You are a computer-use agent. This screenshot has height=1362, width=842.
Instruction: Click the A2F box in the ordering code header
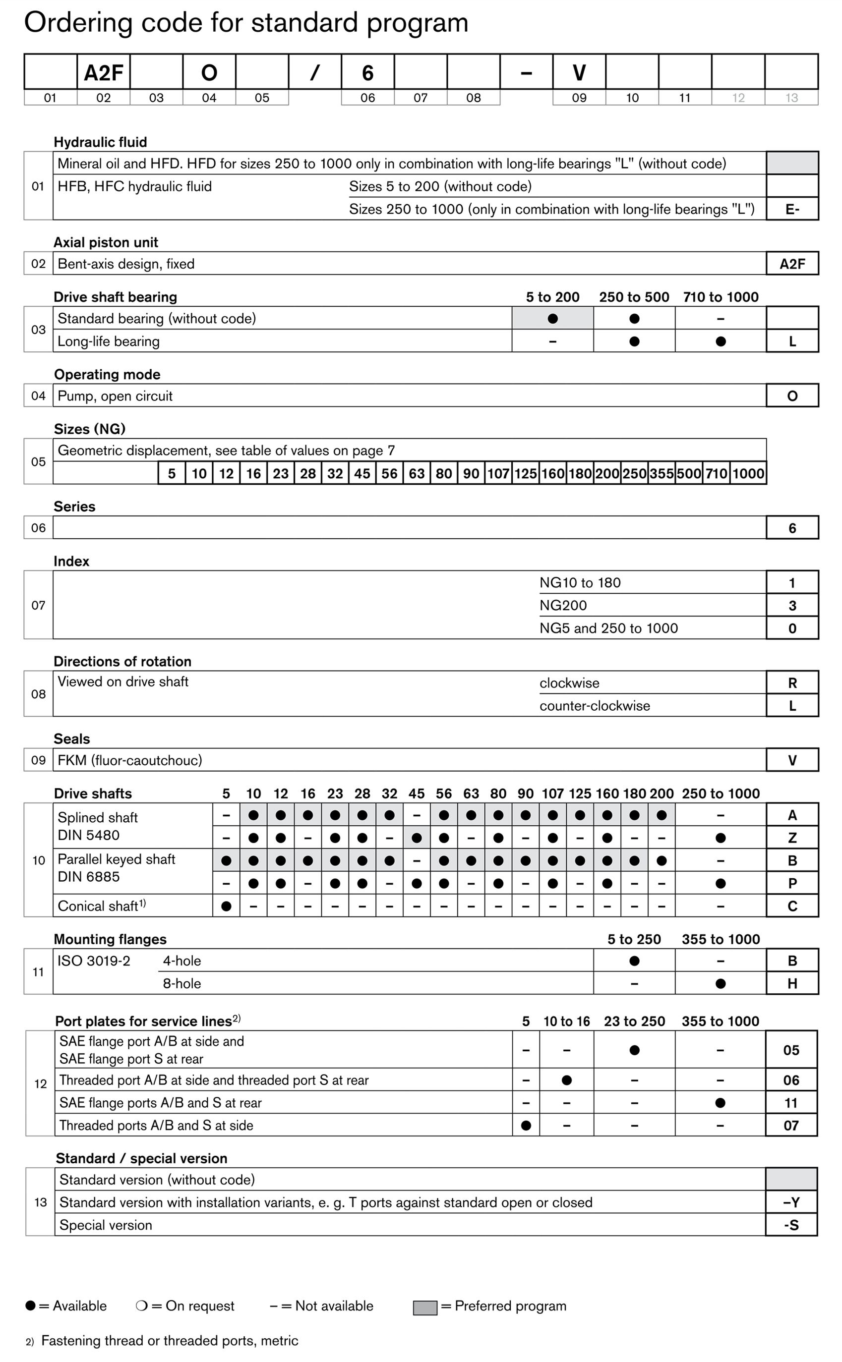click(104, 72)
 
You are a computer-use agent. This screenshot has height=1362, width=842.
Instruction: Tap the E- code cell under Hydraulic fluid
click(792, 209)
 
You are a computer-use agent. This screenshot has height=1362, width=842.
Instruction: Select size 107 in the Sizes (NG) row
click(498, 474)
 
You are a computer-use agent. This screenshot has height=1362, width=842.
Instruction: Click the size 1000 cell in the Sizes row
click(748, 474)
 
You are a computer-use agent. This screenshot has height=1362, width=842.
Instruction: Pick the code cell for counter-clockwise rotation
click(792, 706)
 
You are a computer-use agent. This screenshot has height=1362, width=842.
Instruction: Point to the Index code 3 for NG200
click(792, 606)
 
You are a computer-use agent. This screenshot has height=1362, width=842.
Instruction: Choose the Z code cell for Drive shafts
click(792, 838)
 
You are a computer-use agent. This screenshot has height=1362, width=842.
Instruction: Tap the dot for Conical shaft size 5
click(226, 906)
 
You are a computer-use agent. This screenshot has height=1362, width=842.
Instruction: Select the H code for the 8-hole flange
click(792, 983)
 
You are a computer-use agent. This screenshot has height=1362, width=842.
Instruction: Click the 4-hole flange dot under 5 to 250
click(634, 961)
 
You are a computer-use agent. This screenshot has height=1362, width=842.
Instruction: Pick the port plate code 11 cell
click(791, 1103)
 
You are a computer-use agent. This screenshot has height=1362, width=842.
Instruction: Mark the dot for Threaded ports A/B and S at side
click(526, 1126)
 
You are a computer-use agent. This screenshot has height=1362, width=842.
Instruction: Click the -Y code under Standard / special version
click(791, 1202)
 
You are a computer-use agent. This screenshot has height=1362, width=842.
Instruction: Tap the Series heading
click(74, 507)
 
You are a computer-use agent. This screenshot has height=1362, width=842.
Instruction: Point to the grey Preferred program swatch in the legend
click(425, 1308)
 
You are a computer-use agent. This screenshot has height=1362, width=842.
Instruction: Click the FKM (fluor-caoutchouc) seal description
click(130, 760)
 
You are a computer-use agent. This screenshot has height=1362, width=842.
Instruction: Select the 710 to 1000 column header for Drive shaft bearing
click(721, 297)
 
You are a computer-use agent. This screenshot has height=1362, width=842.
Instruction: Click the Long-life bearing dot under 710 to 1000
click(721, 341)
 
